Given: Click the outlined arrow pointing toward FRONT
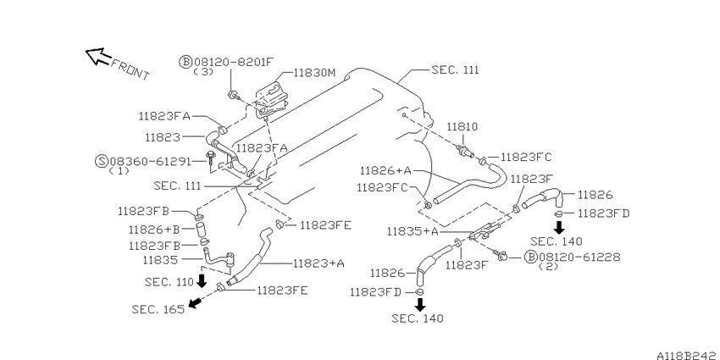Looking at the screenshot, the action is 97,56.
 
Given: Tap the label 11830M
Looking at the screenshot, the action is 315,73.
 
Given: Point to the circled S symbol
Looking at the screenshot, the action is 102,161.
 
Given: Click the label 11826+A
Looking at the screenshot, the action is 385,171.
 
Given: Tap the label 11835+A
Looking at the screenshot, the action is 413,231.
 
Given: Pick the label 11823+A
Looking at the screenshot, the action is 318,263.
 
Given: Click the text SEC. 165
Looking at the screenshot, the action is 158,309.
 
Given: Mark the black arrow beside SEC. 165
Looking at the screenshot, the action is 195,302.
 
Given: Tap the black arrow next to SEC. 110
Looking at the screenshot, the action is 202,280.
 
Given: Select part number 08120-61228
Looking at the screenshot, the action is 579,257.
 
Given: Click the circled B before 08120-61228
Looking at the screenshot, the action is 531,258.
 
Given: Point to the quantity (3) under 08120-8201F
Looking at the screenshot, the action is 203,72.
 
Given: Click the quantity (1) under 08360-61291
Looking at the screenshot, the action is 119,171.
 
